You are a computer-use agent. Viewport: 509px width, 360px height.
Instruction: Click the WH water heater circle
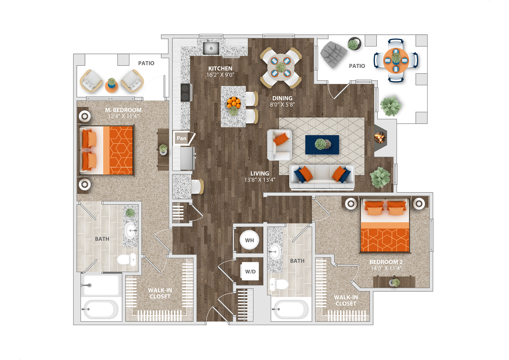click(x=249, y=240)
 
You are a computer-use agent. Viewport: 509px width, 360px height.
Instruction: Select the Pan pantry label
click(x=181, y=138)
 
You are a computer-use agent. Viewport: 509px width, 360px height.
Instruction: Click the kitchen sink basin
click(x=211, y=48)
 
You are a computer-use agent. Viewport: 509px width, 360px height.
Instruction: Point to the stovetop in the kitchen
click(x=186, y=92)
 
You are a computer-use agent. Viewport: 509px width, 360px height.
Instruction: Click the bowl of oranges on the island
click(x=233, y=103)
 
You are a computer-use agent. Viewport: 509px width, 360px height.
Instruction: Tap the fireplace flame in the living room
click(x=380, y=137)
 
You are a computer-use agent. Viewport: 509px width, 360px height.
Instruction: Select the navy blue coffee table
click(x=322, y=145)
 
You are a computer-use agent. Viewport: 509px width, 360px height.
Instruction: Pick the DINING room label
click(x=282, y=98)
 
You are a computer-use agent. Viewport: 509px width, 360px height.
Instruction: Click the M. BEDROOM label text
click(x=123, y=110)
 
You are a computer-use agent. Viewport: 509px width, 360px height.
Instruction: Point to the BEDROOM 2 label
click(x=386, y=262)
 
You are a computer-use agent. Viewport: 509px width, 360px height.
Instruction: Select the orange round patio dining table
click(x=396, y=60)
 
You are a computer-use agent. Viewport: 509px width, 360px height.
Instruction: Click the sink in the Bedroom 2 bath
click(x=275, y=252)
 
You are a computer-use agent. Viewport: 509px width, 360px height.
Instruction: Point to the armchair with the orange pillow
click(x=280, y=145)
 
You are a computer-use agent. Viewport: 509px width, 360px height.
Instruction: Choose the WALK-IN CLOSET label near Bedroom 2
click(x=346, y=300)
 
